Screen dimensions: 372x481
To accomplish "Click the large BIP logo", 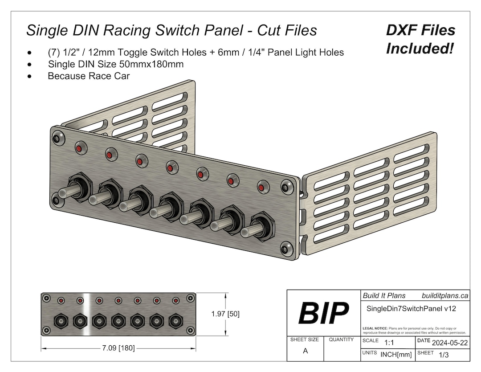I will pyautogui.click(x=323, y=313).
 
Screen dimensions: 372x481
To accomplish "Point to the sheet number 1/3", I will pyautogui.click(x=444, y=355).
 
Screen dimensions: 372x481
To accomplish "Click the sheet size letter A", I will pyautogui.click(x=305, y=351).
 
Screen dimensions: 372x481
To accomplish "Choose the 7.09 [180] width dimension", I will pyautogui.click(x=118, y=348).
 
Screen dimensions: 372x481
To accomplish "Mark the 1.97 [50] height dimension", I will pyautogui.click(x=225, y=314).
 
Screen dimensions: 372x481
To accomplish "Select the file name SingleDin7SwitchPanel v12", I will pyautogui.click(x=411, y=308).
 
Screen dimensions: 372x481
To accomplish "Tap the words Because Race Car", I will pyautogui.click(x=89, y=76).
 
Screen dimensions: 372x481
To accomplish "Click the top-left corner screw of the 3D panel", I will pyautogui.click(x=57, y=137).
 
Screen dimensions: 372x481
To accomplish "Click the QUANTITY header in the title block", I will pyautogui.click(x=341, y=339).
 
